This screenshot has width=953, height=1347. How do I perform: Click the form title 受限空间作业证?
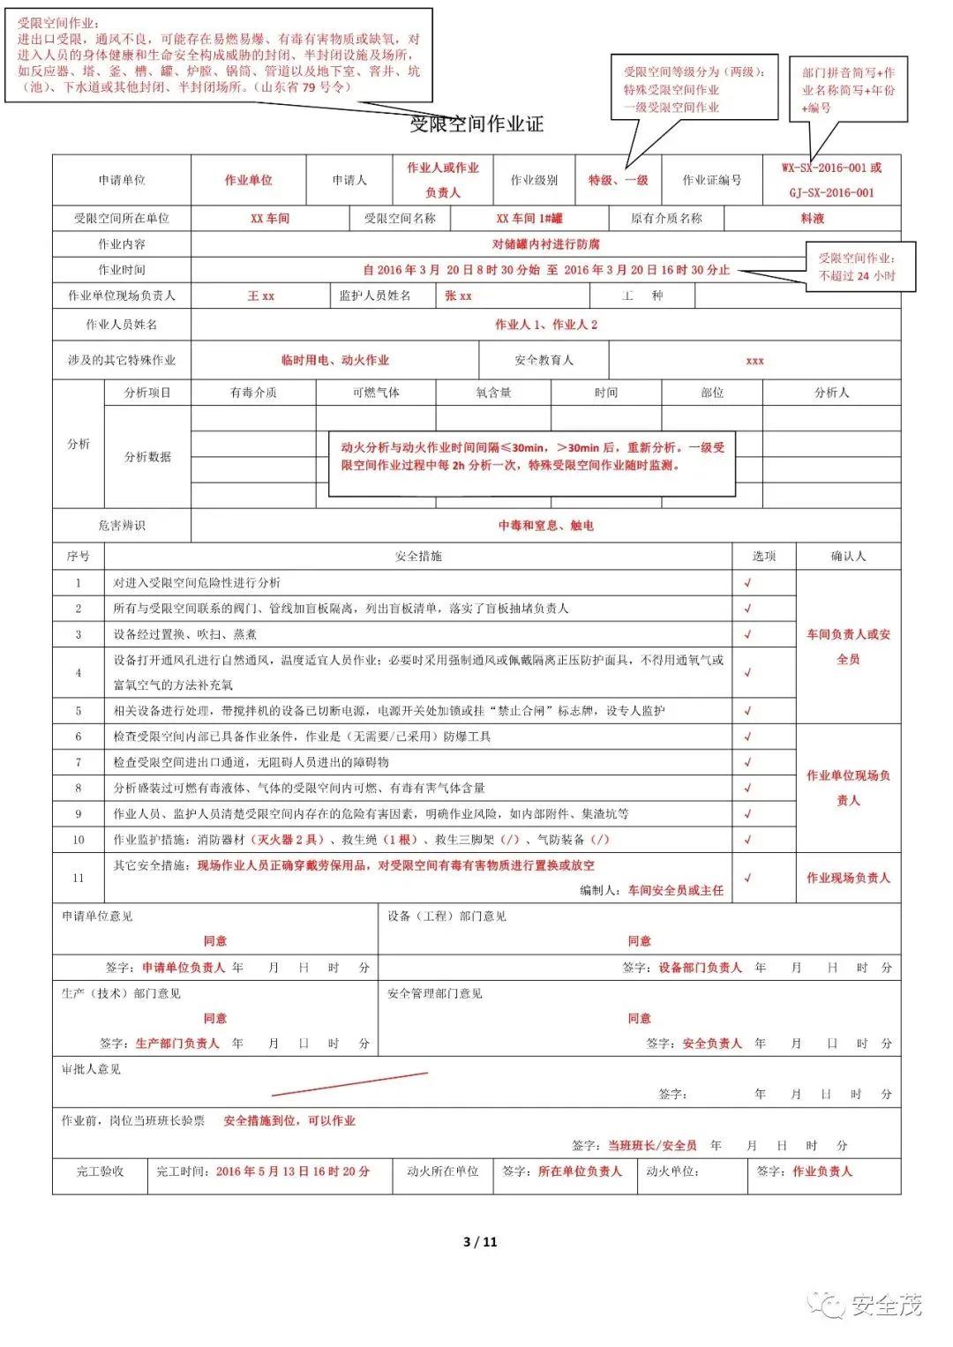point(476,124)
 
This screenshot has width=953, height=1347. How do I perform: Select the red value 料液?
point(812,218)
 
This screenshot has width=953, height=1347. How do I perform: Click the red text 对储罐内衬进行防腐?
point(545,244)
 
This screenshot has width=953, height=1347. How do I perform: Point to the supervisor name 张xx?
point(458,296)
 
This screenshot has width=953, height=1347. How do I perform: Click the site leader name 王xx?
point(260,296)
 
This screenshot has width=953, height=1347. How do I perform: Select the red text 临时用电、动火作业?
point(334,360)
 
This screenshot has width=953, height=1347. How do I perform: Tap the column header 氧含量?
point(493,393)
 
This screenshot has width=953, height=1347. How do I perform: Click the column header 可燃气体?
point(376,393)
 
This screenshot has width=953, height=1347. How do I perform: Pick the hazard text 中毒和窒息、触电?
point(545,526)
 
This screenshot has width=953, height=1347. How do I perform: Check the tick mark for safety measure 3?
point(747,634)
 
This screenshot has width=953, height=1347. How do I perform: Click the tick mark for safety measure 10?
point(747,840)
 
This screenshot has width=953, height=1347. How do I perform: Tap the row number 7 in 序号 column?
point(78,762)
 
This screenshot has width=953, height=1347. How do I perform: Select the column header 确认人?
point(848,557)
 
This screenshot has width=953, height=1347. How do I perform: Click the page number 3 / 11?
point(480,1242)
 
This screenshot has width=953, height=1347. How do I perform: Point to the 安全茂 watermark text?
point(886,1305)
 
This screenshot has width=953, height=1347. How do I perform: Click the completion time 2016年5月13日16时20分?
point(292,1171)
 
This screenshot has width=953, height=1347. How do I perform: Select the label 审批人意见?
point(91,1069)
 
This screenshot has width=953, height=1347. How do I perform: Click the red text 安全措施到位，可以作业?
point(289,1120)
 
